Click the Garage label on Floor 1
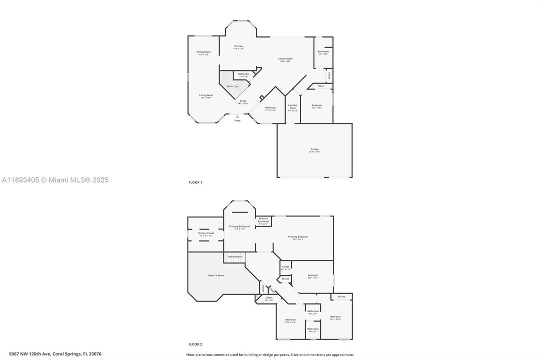pyautogui.click(x=314, y=149)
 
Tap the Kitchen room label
pyautogui.click(x=239, y=46)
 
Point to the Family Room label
pyautogui.click(x=286, y=59)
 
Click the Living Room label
pyautogui.click(x=206, y=95)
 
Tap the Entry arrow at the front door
pyautogui.click(x=237, y=116)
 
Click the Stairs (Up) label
pyautogui.click(x=233, y=86)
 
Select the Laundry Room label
pyautogui.click(x=293, y=106)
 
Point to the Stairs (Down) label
pyautogui.click(x=235, y=256)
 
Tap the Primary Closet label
pyautogui.click(x=206, y=233)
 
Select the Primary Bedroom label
pyautogui.click(x=298, y=237)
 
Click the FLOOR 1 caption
pyautogui.click(x=195, y=182)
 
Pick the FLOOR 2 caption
pyautogui.click(x=195, y=344)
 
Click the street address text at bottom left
pyautogui.click(x=51, y=354)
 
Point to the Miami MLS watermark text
pyautogui.click(x=55, y=180)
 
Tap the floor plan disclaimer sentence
pyautogui.click(x=270, y=354)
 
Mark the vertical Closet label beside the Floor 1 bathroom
pyautogui.click(x=329, y=76)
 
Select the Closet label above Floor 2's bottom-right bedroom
pyautogui.click(x=341, y=297)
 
